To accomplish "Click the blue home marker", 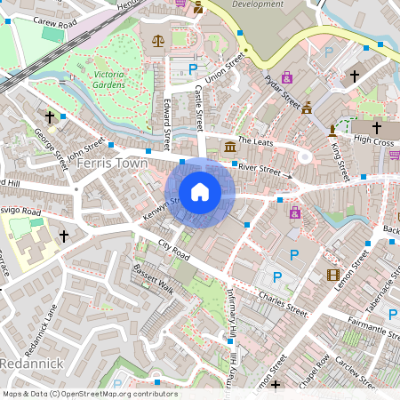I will tap(200, 191).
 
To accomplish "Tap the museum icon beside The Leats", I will tap(230, 145).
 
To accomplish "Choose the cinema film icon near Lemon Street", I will tap(332, 275).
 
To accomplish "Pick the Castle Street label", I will tap(200, 105).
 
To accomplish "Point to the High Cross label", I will tap(373, 140).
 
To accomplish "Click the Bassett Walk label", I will tap(152, 280).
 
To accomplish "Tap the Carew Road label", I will tap(44, 19).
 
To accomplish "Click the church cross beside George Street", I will tap(50, 116).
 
